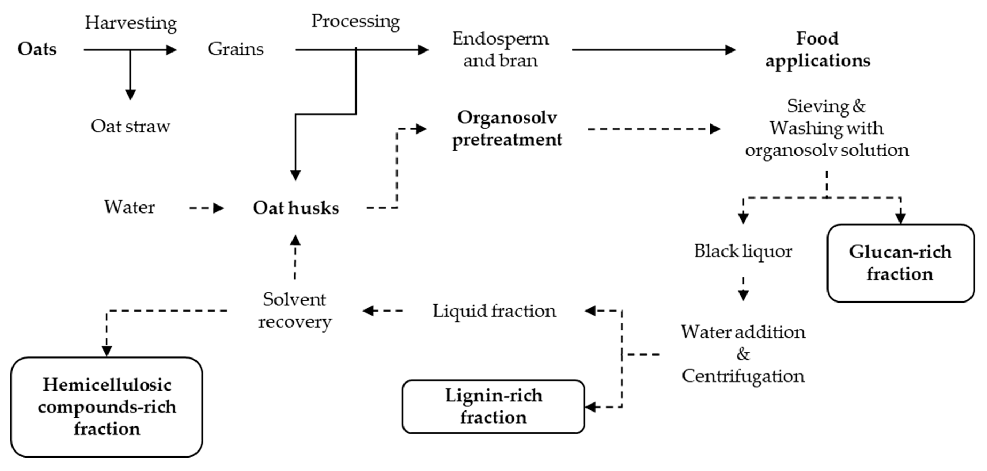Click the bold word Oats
37,49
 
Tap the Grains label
236,49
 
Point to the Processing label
355,21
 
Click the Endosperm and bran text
500,50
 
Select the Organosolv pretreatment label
507,129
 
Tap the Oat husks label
296,208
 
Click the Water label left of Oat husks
130,207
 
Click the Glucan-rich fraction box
900,263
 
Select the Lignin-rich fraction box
493,407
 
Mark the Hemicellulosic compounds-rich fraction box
107,407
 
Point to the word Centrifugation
743,376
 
